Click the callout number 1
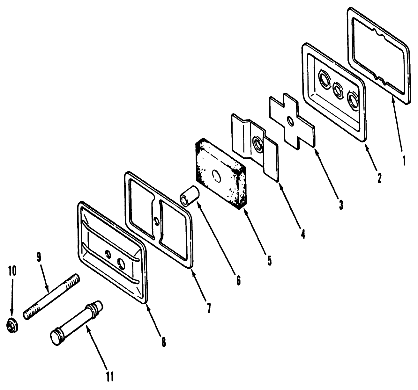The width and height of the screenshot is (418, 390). (x=404, y=160)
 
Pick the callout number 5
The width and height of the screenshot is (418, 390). (x=269, y=261)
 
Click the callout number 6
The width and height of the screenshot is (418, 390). (x=238, y=280)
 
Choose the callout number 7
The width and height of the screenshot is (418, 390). (x=209, y=309)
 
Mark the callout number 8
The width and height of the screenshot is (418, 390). (x=164, y=342)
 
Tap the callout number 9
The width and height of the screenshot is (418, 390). (x=39, y=257)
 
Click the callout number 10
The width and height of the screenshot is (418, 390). (x=12, y=271)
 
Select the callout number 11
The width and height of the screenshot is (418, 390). (x=110, y=376)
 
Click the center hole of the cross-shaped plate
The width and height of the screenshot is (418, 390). (x=291, y=121)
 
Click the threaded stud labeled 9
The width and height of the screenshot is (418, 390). (x=51, y=297)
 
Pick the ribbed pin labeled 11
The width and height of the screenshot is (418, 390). (x=76, y=323)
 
